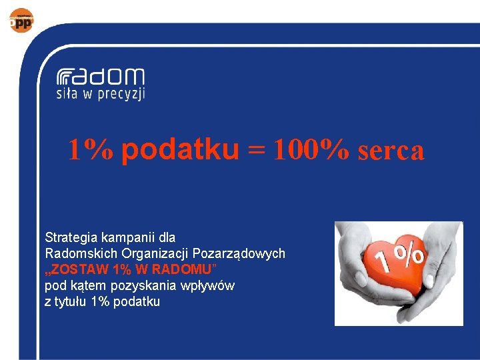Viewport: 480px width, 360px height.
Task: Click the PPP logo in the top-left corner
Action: pyautogui.click(x=21, y=21)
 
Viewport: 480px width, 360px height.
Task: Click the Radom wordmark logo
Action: pyautogui.click(x=100, y=77)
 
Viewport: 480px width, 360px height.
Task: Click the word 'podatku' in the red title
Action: pyautogui.click(x=180, y=151)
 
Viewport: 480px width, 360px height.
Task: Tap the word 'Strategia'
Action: pyautogui.click(x=69, y=237)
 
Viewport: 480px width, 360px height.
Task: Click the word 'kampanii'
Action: pyautogui.click(x=128, y=237)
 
